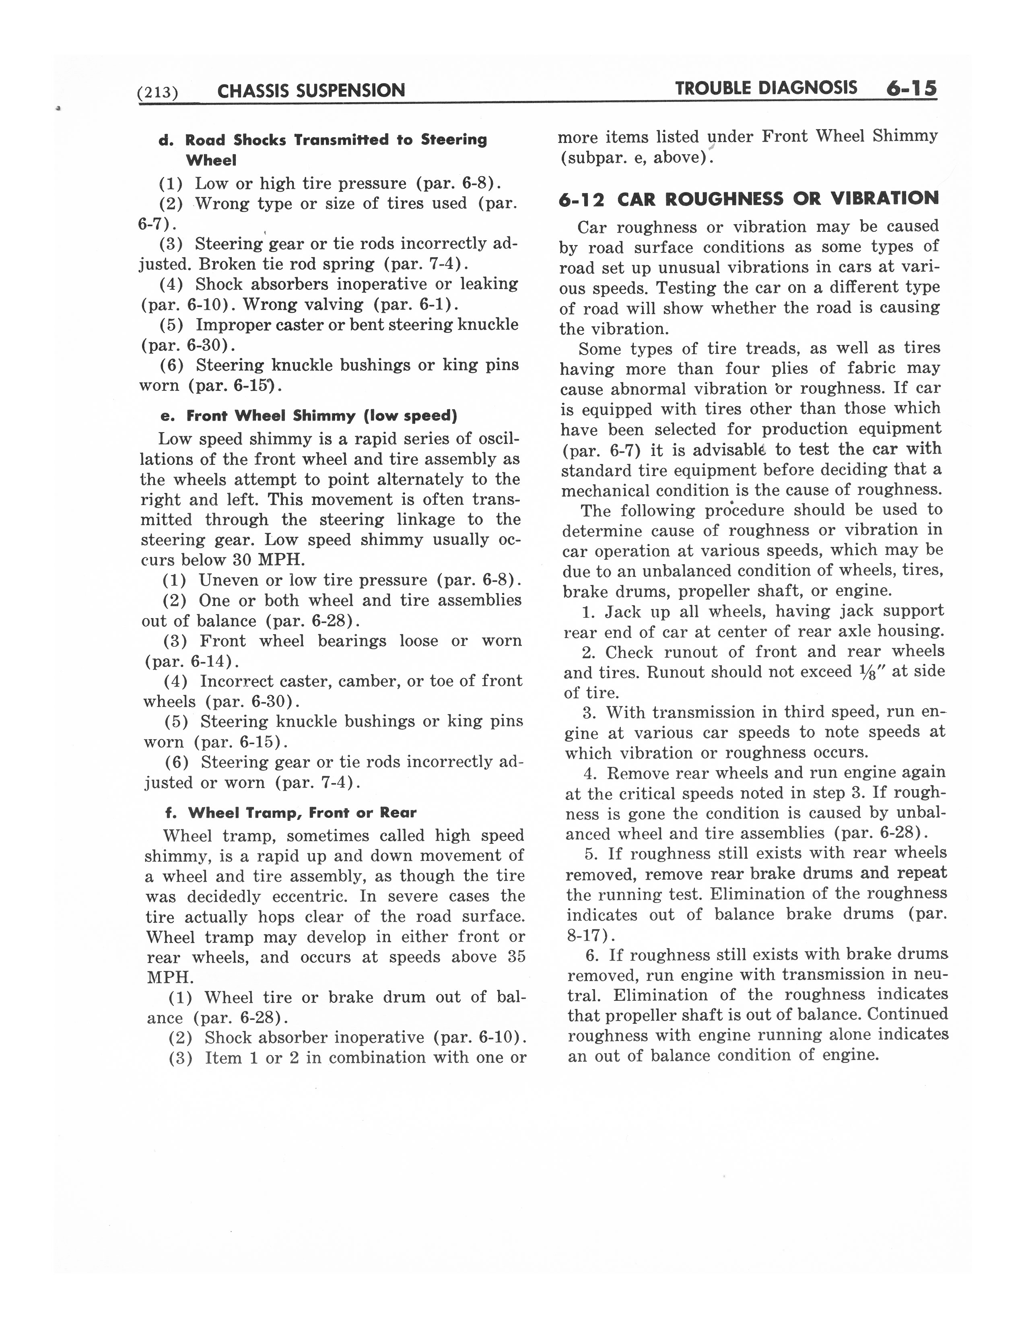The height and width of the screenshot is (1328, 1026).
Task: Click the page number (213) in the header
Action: point(157,93)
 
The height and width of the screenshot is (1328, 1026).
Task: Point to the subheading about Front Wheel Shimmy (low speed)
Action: point(321,416)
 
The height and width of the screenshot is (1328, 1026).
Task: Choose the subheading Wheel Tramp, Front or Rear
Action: point(302,812)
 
